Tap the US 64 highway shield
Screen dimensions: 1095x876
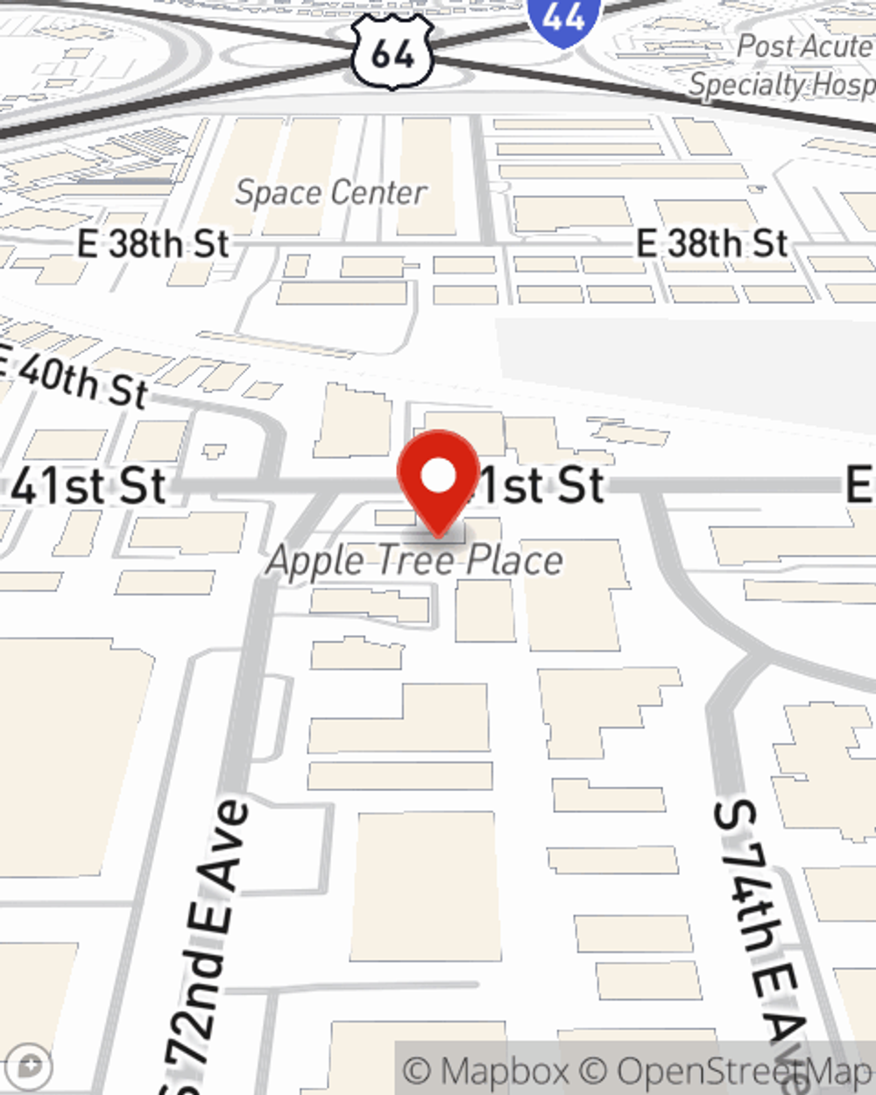point(392,52)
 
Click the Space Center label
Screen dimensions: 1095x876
point(331,193)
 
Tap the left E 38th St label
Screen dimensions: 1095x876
point(153,244)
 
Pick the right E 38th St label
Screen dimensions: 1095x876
point(711,244)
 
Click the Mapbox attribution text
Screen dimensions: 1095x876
point(484,1070)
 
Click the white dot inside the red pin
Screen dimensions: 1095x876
point(439,476)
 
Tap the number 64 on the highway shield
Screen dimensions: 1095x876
point(392,54)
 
